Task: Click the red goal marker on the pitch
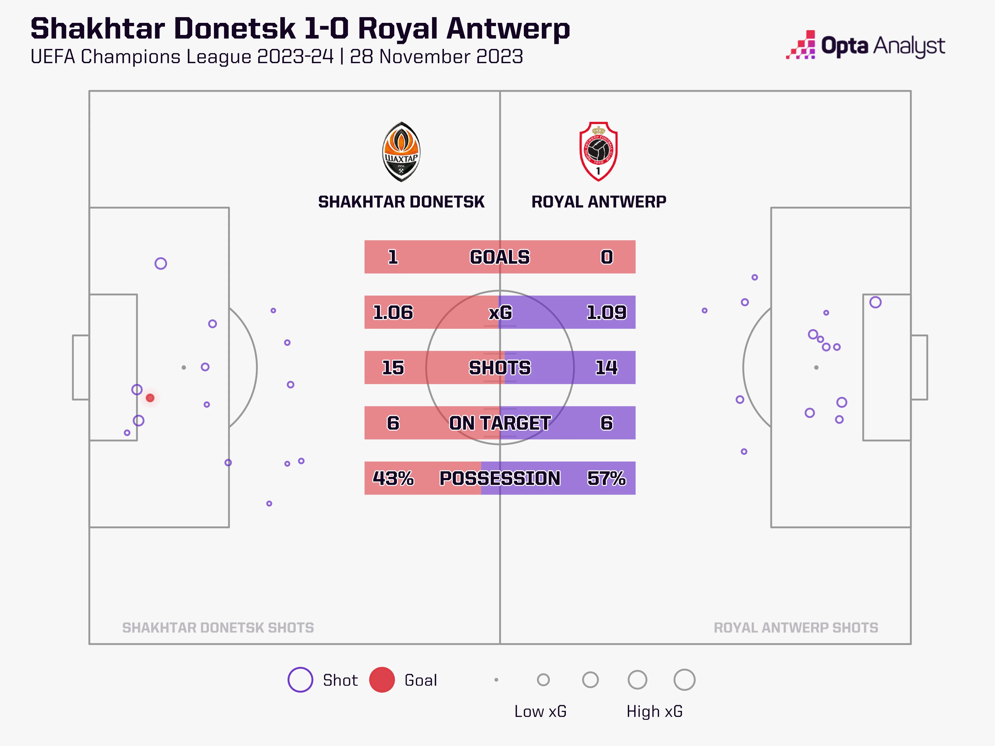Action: (150, 398)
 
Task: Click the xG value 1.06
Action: (393, 313)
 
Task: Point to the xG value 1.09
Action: (606, 313)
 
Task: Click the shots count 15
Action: (393, 368)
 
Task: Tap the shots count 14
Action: (606, 368)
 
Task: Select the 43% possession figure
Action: (393, 478)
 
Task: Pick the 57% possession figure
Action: (606, 478)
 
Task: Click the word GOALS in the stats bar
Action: (500, 257)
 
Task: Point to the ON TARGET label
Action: (500, 423)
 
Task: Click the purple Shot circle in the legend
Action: (300, 680)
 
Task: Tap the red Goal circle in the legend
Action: (382, 680)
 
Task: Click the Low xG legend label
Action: (540, 711)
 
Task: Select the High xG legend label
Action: (654, 711)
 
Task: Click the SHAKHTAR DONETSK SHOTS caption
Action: (218, 628)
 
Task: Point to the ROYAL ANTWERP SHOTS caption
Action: (796, 628)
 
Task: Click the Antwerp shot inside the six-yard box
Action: (875, 302)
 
